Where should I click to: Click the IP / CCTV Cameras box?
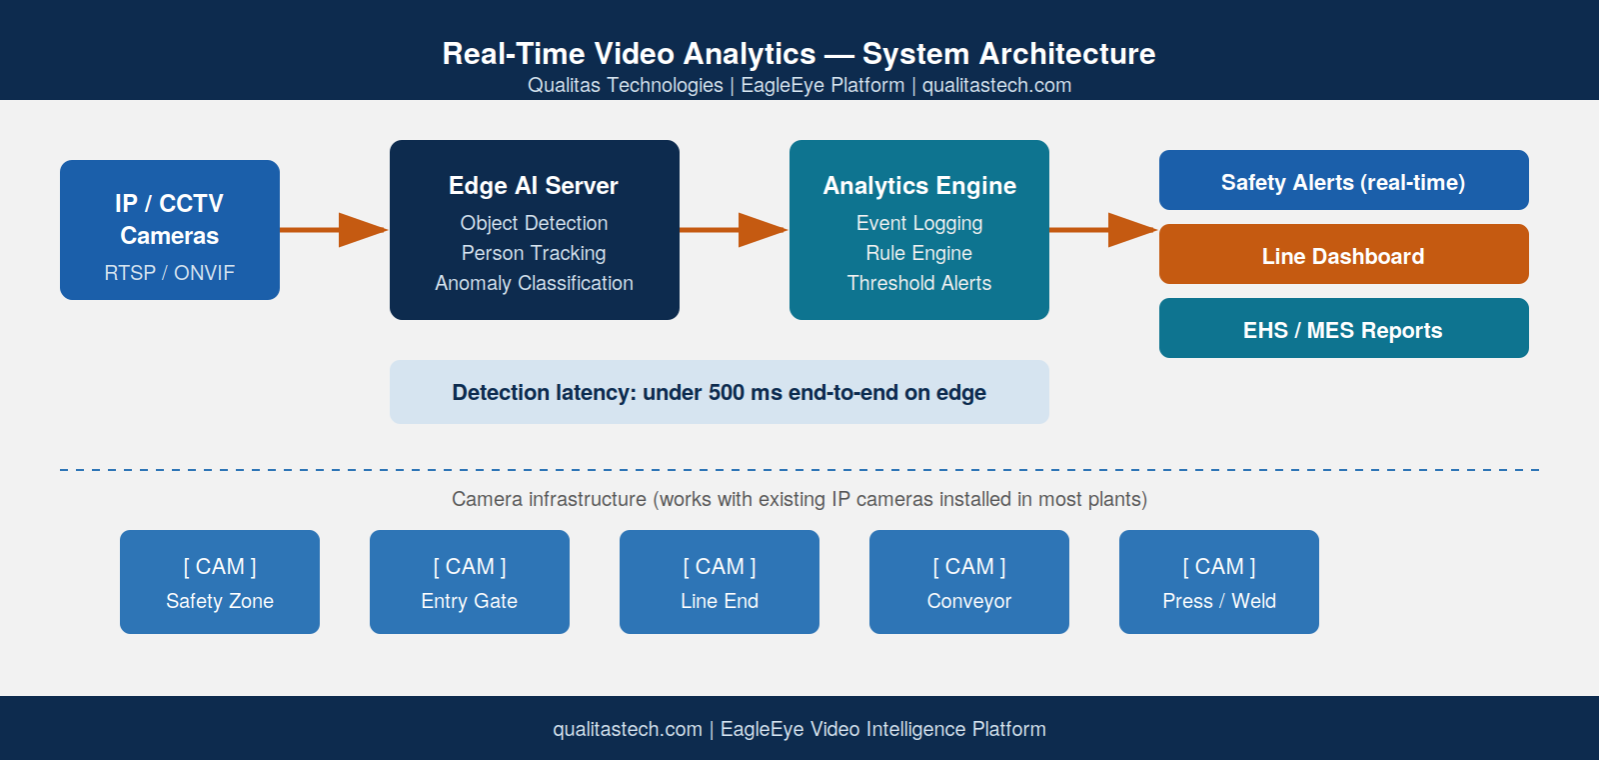170,230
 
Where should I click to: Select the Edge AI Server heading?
534,186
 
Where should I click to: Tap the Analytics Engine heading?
919,186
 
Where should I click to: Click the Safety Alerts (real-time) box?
1343,180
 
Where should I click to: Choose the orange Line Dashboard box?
1343,254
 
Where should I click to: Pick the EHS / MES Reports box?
1343,328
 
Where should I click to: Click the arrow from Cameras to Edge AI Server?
334,230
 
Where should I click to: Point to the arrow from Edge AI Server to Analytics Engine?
734,230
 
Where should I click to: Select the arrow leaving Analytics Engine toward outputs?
1103,230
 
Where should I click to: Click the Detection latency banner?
719,392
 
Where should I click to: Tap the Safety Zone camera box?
220,581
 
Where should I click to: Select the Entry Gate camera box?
470,581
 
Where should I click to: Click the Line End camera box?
720,581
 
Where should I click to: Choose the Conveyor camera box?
969,581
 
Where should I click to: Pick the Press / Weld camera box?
1219,581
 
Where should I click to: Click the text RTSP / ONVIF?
169,273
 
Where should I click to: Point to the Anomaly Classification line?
534,283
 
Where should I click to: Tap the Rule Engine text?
918,253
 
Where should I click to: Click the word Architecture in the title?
1067,54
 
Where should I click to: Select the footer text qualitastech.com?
628,729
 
